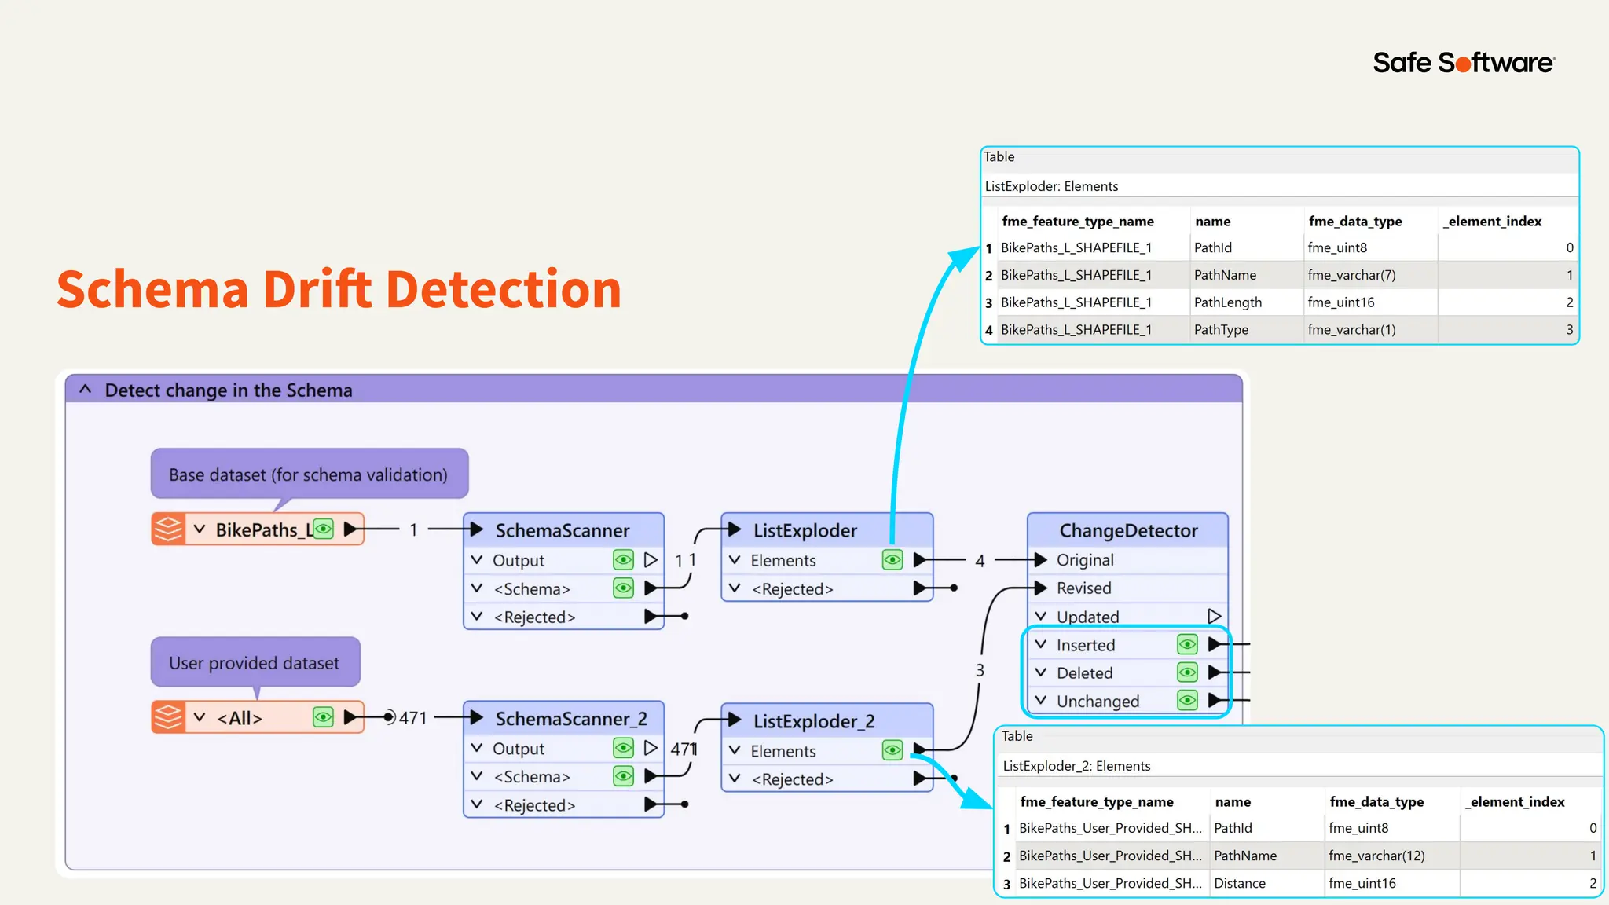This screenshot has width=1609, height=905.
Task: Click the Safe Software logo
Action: point(1463,63)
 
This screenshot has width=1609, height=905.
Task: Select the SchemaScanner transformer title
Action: point(562,530)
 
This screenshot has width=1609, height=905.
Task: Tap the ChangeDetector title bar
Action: point(1127,530)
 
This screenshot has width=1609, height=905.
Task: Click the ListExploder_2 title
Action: point(813,721)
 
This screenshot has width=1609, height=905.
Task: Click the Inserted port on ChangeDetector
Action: point(1086,645)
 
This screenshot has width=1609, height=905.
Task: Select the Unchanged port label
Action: point(1098,701)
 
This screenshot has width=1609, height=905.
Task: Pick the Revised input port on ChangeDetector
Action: point(1083,588)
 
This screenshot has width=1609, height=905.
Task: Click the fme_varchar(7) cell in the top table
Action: point(1351,275)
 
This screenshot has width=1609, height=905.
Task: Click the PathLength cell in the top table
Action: point(1227,302)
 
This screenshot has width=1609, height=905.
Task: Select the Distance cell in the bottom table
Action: point(1240,883)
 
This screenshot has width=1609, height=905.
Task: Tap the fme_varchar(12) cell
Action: point(1376,856)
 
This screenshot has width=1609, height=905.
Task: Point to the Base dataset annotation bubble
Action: point(309,474)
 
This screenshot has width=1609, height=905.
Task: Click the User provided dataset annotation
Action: point(255,663)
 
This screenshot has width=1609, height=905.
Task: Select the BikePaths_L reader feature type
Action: point(259,529)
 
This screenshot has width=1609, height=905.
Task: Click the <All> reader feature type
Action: point(240,717)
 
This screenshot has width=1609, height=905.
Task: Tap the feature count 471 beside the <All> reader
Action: point(412,718)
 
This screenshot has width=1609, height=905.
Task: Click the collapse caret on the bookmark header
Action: point(86,390)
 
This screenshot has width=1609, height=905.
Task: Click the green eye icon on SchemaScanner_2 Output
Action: point(623,748)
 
